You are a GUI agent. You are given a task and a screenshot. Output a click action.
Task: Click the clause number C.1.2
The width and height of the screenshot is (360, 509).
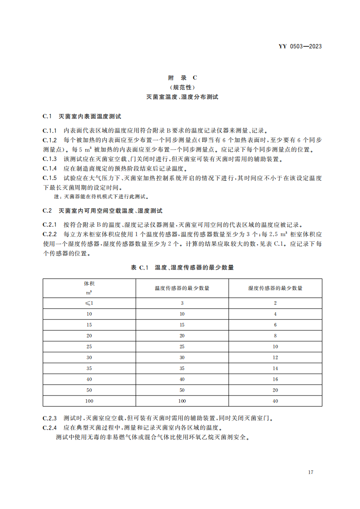50,140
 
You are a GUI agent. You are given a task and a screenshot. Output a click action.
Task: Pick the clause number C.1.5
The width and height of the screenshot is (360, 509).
50,178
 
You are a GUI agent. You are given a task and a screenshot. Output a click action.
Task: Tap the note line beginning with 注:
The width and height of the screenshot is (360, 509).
101,197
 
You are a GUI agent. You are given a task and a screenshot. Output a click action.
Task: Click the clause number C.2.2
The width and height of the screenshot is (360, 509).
50,235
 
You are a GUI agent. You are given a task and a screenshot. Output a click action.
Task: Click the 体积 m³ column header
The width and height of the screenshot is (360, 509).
89,288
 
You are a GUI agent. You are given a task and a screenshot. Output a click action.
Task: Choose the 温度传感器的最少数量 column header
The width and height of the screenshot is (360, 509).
182,288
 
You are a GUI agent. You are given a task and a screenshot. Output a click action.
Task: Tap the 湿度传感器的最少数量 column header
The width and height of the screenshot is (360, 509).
275,288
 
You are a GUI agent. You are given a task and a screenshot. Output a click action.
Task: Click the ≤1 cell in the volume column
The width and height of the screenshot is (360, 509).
89,303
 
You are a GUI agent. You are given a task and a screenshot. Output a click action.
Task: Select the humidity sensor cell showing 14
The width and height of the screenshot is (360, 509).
275,368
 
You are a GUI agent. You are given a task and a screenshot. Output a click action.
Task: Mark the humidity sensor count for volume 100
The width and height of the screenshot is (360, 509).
275,401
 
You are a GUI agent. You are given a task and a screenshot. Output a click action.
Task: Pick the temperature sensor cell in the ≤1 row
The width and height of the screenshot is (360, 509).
182,303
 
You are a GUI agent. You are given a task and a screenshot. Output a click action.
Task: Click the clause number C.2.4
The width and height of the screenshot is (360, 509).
50,428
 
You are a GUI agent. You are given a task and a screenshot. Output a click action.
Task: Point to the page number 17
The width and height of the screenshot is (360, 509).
311,472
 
